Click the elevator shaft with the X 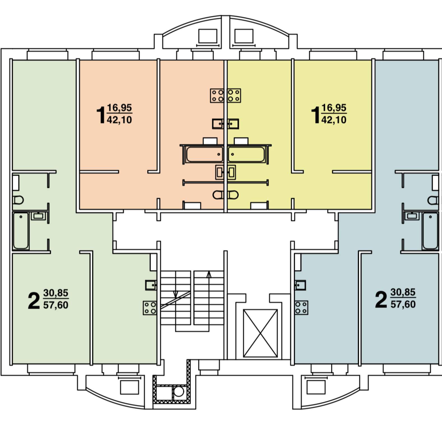[260, 333]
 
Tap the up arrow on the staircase [209, 274]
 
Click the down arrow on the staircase [176, 294]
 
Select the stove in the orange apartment [217, 95]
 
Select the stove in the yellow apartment [234, 95]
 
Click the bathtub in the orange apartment [204, 154]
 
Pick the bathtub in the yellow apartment [246, 154]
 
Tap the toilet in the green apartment [18, 200]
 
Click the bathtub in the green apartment [21, 231]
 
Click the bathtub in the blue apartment [430, 231]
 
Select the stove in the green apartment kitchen [150, 308]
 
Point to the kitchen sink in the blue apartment [300, 285]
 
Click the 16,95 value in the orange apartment [119, 107]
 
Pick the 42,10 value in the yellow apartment [333, 120]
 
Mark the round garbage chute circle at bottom [179, 391]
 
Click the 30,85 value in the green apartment [56, 293]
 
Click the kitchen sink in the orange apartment [217, 124]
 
